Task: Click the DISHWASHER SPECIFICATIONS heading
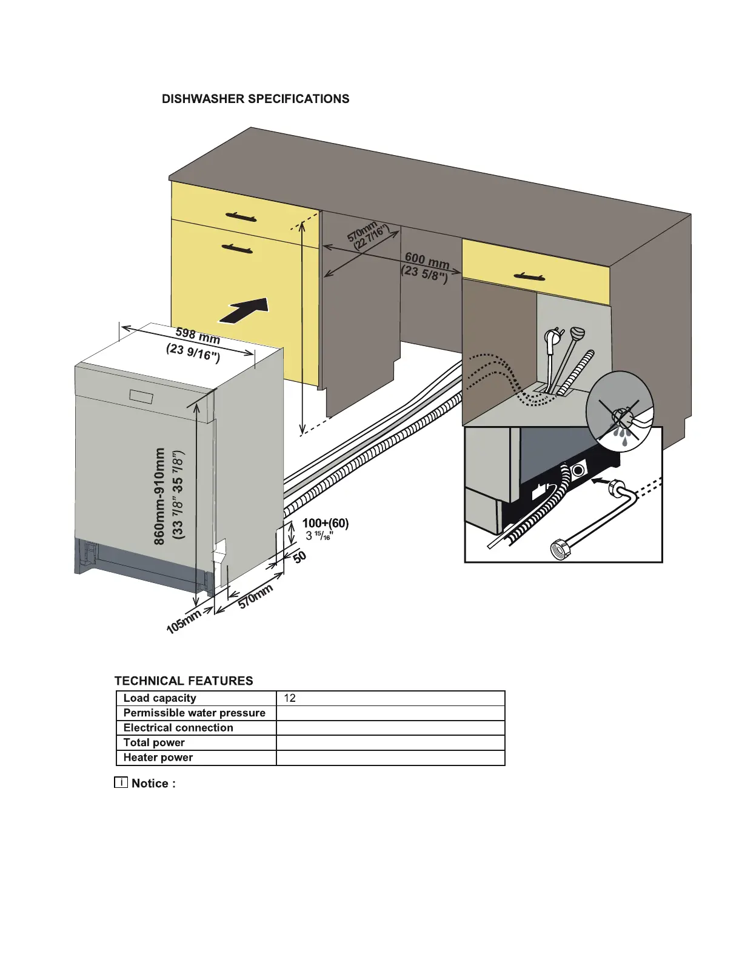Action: click(255, 99)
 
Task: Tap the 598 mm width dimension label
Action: click(198, 335)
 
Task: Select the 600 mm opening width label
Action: click(427, 261)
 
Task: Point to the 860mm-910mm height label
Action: click(159, 496)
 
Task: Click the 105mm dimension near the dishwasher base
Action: click(184, 622)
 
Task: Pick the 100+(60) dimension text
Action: click(326, 523)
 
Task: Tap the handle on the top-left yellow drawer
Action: click(241, 216)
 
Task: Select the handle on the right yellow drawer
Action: click(529, 277)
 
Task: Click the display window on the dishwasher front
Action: click(143, 397)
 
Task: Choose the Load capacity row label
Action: click(160, 698)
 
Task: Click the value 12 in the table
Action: click(290, 698)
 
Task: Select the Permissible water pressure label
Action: click(195, 713)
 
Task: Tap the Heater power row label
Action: click(158, 758)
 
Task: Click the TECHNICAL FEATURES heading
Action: click(184, 681)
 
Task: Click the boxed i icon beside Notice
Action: click(121, 782)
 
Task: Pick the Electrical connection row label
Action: click(178, 728)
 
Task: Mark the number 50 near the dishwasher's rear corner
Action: click(299, 557)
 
